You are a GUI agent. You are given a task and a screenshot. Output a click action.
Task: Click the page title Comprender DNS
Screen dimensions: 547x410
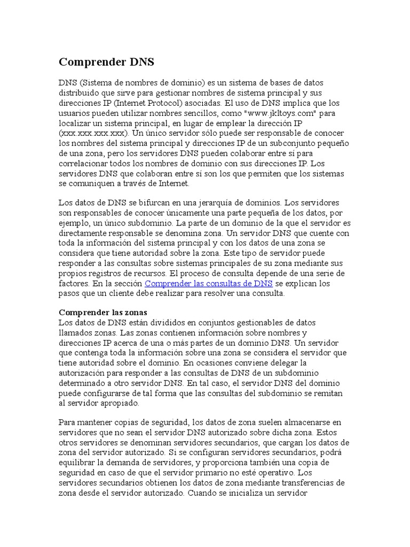106,62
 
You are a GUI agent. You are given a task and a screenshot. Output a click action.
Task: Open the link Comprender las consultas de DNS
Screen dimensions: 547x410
209,284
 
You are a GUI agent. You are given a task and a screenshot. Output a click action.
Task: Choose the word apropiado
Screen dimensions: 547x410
118,403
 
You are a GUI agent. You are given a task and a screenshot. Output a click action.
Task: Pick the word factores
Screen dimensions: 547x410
74,284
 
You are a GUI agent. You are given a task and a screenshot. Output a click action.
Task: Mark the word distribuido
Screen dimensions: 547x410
79,92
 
